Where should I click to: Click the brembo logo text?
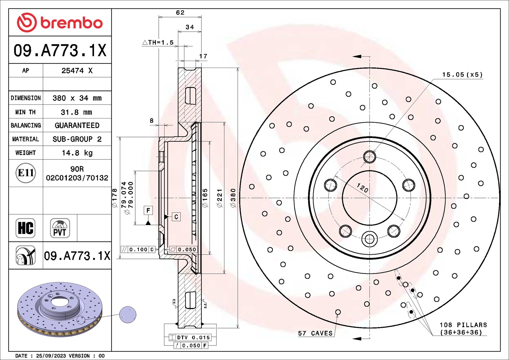pos(71,23)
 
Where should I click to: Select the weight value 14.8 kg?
pos(77,153)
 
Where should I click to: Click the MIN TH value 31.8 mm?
pos(76,112)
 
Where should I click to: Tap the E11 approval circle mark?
pos(26,173)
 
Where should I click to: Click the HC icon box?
pos(26,228)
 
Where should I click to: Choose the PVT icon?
pos(60,228)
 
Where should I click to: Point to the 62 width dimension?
pos(180,12)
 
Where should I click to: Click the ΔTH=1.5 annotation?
pos(158,43)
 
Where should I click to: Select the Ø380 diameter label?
pos(233,198)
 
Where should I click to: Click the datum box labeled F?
pos(148,210)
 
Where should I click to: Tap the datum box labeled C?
pos(176,217)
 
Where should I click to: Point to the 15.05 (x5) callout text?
pos(462,75)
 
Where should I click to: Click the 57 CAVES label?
pos(315,333)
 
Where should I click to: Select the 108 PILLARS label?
pos(463,328)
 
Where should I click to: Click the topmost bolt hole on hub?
pos(369,157)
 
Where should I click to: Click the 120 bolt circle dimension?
pos(362,188)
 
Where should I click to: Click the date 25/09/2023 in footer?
pos(51,356)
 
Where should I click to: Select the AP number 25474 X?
pos(77,71)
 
